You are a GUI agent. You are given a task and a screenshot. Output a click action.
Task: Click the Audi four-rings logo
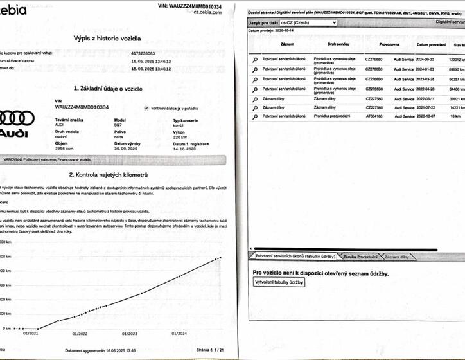click(x=20, y=118)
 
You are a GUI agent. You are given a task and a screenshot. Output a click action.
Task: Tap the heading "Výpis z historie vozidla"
click(x=108, y=39)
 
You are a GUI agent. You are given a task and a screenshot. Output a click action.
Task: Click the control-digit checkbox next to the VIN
click(x=147, y=109)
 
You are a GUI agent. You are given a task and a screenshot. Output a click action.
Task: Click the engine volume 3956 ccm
click(x=64, y=148)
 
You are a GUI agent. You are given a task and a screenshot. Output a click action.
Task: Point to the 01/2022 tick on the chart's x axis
click(x=80, y=333)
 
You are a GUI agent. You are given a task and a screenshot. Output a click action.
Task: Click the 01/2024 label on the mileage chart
click(x=180, y=333)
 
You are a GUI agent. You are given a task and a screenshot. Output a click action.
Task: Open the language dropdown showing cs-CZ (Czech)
click(x=308, y=22)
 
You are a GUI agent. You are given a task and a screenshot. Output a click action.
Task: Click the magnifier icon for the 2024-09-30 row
click(x=255, y=59)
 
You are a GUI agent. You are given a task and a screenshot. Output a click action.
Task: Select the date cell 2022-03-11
click(x=431, y=98)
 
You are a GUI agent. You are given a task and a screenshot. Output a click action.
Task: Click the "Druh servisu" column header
click(x=338, y=45)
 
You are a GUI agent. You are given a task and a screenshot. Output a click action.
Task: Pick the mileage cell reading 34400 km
click(x=457, y=89)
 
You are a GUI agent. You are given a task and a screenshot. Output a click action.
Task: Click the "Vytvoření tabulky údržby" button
click(x=279, y=282)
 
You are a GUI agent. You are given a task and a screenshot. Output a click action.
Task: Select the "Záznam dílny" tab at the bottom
click(x=397, y=256)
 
